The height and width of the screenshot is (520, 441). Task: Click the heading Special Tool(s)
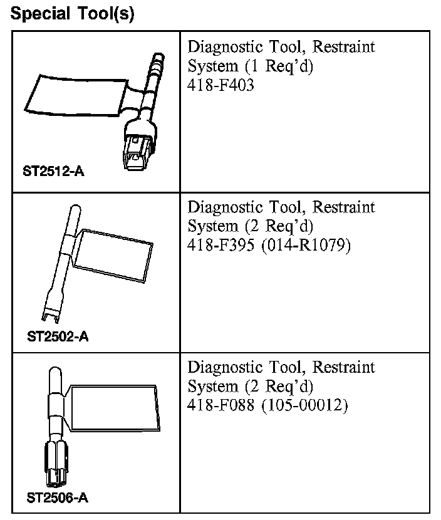coord(73,14)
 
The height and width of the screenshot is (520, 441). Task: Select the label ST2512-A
coord(53,172)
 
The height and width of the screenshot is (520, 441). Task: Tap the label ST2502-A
coord(58,337)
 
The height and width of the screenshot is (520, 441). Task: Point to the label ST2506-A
coord(57,499)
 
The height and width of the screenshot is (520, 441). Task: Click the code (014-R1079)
coord(305,245)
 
